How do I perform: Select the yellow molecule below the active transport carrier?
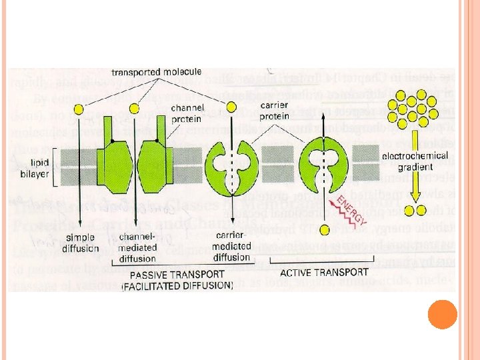pyautogui.click(x=325, y=230)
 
